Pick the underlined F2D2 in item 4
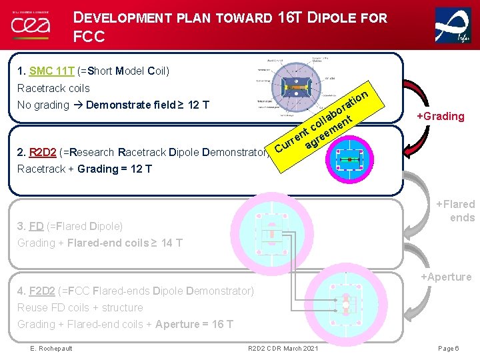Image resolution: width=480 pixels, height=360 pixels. click(44, 291)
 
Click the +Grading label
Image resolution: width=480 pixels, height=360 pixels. click(440, 117)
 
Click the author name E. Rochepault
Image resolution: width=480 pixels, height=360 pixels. click(51, 349)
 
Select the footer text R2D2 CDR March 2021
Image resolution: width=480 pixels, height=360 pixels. click(283, 349)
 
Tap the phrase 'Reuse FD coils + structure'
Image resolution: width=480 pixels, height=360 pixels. click(80, 307)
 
